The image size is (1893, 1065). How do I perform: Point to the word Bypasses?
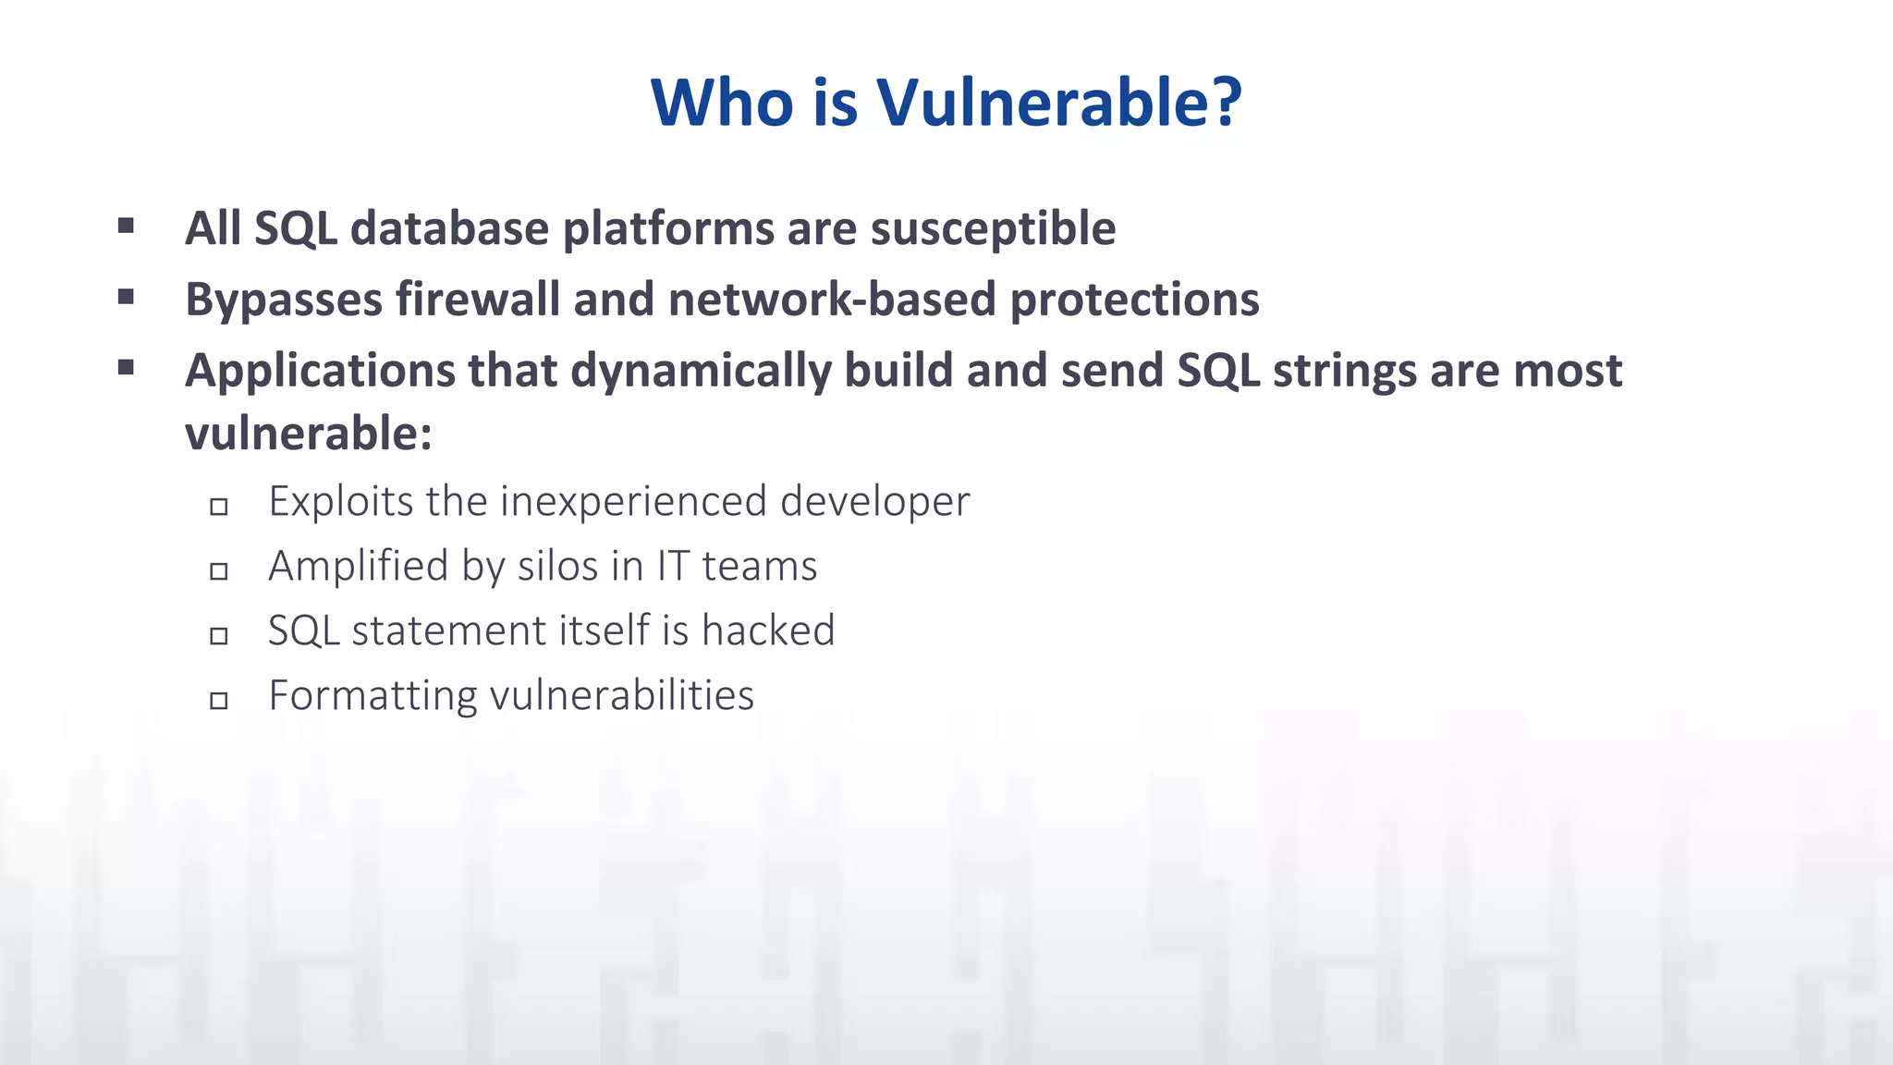click(x=284, y=300)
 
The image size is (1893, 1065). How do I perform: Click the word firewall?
click(x=477, y=300)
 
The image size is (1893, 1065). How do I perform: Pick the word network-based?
click(x=831, y=300)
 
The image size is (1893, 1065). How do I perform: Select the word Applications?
click(x=320, y=372)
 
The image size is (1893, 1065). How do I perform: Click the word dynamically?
click(x=701, y=372)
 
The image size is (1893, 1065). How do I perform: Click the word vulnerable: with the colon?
click(x=309, y=433)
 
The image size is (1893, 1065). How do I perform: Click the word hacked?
click(x=768, y=630)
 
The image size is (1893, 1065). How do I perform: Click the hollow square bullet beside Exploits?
click(x=219, y=507)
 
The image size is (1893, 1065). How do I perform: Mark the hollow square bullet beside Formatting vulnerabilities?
click(x=219, y=701)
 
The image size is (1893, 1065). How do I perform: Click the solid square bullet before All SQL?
click(x=127, y=226)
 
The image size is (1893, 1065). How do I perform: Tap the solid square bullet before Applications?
click(x=127, y=368)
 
